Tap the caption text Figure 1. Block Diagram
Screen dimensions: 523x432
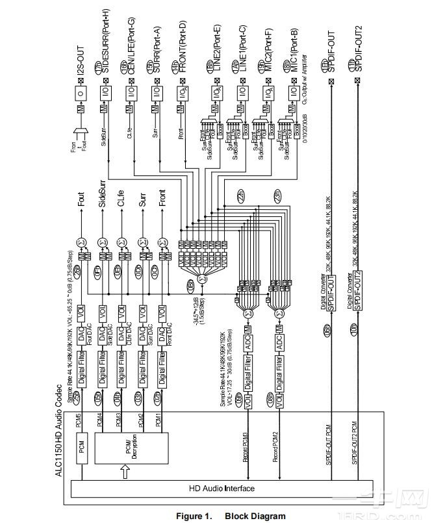tap(231, 516)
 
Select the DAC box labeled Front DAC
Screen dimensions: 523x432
tap(162, 333)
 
